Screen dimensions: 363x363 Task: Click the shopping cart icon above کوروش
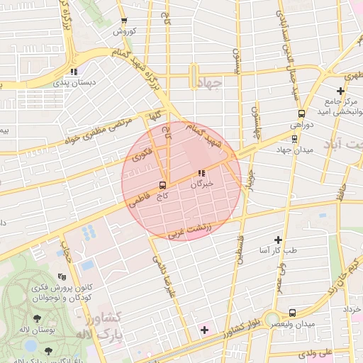(x=124, y=21)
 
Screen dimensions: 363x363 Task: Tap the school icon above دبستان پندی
(x=74, y=71)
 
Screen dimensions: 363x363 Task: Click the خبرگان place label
(x=201, y=184)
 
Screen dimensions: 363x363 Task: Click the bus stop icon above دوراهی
(x=301, y=113)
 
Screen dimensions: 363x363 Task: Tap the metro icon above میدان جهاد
(x=294, y=137)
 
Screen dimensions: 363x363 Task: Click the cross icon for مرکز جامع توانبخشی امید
(x=341, y=91)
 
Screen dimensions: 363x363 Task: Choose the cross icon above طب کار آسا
(x=278, y=240)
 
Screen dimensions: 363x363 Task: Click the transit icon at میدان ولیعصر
(x=294, y=313)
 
